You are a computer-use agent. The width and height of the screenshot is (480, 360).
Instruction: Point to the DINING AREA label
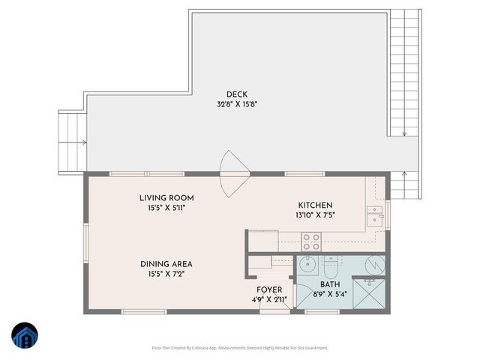pos(166,263)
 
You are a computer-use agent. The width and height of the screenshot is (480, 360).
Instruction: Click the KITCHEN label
pos(315,205)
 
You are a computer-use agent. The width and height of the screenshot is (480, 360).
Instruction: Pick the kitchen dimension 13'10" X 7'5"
pos(316,214)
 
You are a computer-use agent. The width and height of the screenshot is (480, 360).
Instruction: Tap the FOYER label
pos(268,289)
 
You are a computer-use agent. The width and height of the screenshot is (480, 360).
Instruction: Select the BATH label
pos(330,285)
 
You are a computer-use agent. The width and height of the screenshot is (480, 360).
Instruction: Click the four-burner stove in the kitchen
pos(310,241)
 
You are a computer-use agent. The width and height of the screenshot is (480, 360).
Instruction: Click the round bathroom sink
pos(307,263)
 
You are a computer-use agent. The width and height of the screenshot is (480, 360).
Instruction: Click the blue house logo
pos(25,337)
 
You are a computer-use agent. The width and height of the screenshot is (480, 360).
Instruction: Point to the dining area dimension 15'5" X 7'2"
pos(166,274)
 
